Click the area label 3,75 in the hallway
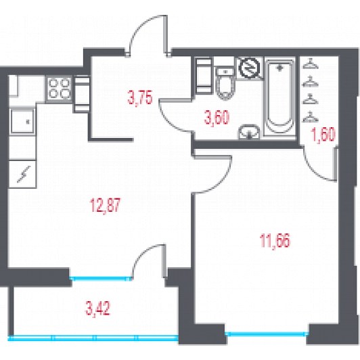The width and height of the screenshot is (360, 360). tap(140, 97)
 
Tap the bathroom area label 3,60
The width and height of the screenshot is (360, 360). tap(217, 118)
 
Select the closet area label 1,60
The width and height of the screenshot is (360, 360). tap(323, 135)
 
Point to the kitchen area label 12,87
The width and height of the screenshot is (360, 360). tap(105, 206)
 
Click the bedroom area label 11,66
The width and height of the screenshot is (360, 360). tap(275, 241)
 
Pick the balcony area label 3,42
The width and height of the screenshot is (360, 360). tap(98, 309)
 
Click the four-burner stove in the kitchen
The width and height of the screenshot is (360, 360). tap(60, 89)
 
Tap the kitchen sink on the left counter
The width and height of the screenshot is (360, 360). tap(22, 121)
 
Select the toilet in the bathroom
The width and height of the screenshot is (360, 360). tap(226, 83)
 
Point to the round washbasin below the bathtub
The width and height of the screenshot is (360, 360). tap(249, 132)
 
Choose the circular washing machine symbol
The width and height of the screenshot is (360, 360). tap(250, 68)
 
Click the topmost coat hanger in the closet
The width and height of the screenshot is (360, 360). tap(311, 64)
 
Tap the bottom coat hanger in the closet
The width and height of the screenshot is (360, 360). tap(311, 117)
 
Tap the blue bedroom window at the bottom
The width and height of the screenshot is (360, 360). tap(267, 334)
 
